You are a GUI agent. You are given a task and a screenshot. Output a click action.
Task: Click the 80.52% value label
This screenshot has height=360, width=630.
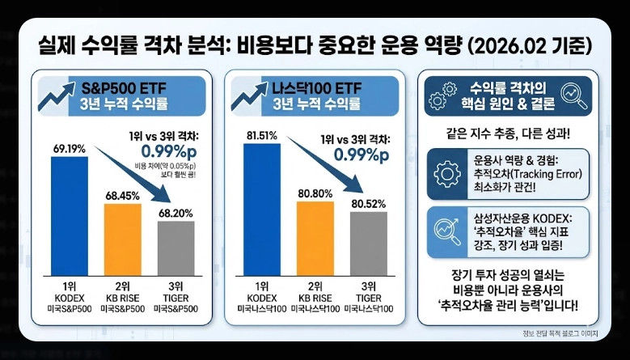pos(369,203)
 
